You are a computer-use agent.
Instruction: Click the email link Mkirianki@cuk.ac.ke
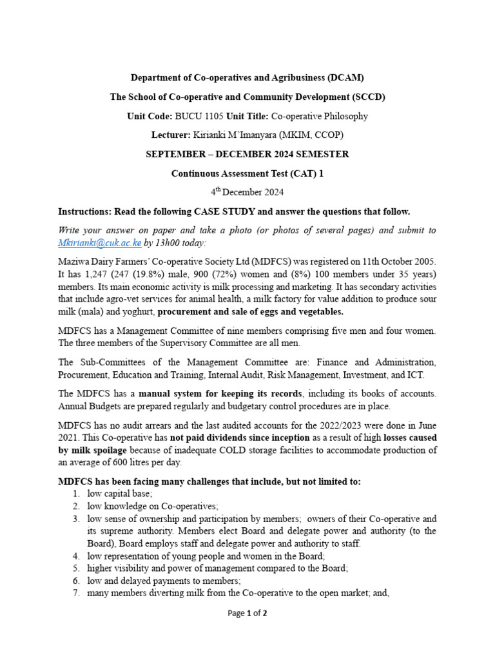pyautogui.click(x=99, y=243)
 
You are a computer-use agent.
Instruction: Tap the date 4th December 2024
pyautogui.click(x=247, y=192)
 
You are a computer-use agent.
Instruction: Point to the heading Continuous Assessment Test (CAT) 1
pyautogui.click(x=247, y=173)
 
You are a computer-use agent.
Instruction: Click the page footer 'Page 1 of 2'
pyautogui.click(x=247, y=613)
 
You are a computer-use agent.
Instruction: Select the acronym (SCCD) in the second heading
pyautogui.click(x=365, y=97)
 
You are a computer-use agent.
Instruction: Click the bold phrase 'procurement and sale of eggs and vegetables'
pyautogui.click(x=251, y=312)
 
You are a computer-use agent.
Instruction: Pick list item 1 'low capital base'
pyautogui.click(x=120, y=494)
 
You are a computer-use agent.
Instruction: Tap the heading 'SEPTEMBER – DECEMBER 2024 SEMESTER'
pyautogui.click(x=247, y=154)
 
